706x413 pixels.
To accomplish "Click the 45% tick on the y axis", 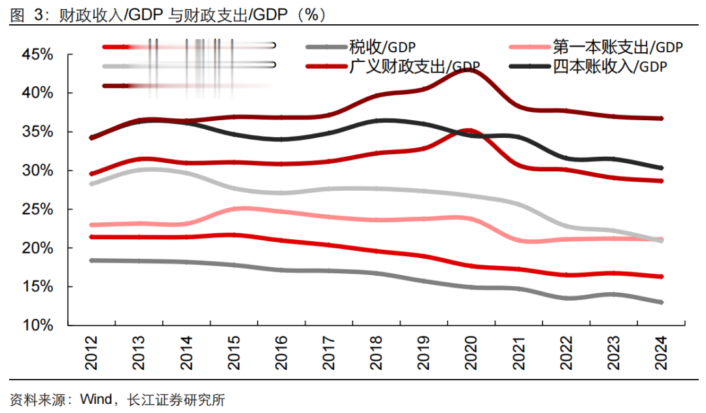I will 37,55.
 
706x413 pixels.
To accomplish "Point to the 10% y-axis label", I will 37,325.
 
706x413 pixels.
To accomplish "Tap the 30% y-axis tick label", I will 37,171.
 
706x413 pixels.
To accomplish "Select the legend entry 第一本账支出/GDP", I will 617,47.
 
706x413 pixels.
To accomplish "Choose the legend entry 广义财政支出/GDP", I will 415,66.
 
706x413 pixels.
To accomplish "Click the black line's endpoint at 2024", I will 662,168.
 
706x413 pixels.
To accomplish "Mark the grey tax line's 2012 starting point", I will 92,260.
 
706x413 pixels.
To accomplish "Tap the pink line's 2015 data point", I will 235,209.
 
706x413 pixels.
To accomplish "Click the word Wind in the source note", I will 95,399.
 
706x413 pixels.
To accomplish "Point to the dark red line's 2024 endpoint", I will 662,118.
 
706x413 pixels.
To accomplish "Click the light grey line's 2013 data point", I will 139,170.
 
